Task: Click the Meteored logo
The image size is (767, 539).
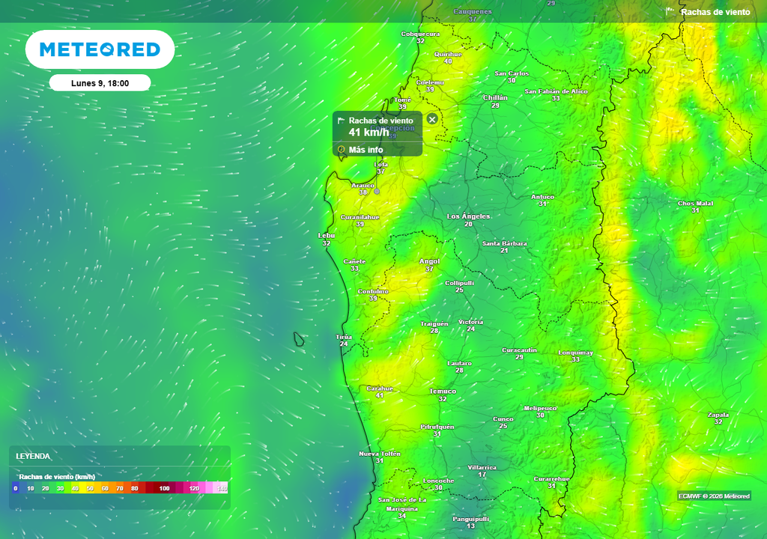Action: (100, 49)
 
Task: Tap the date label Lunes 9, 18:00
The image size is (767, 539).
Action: (100, 83)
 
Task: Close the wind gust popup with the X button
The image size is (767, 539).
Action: (432, 119)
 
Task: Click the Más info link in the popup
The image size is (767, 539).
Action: (366, 150)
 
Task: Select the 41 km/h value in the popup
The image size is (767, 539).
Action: (369, 133)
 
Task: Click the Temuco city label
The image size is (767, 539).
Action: (443, 392)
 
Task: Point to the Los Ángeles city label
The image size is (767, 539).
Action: (468, 216)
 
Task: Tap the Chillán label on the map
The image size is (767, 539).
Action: (495, 97)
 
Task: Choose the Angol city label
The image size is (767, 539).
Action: (429, 261)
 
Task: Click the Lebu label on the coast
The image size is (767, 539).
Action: (327, 235)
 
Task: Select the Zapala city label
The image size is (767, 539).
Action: (718, 414)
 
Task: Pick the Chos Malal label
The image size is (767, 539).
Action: (695, 203)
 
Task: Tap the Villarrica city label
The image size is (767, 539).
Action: (482, 467)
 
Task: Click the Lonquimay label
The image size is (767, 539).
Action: (575, 352)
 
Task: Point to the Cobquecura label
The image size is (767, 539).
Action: (420, 34)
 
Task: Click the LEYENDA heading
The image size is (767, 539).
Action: (34, 456)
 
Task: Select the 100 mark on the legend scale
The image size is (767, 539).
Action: (164, 488)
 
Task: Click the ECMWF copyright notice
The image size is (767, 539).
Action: (714, 496)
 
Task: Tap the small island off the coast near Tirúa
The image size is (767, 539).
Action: (299, 340)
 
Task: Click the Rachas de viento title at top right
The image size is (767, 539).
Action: (715, 12)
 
